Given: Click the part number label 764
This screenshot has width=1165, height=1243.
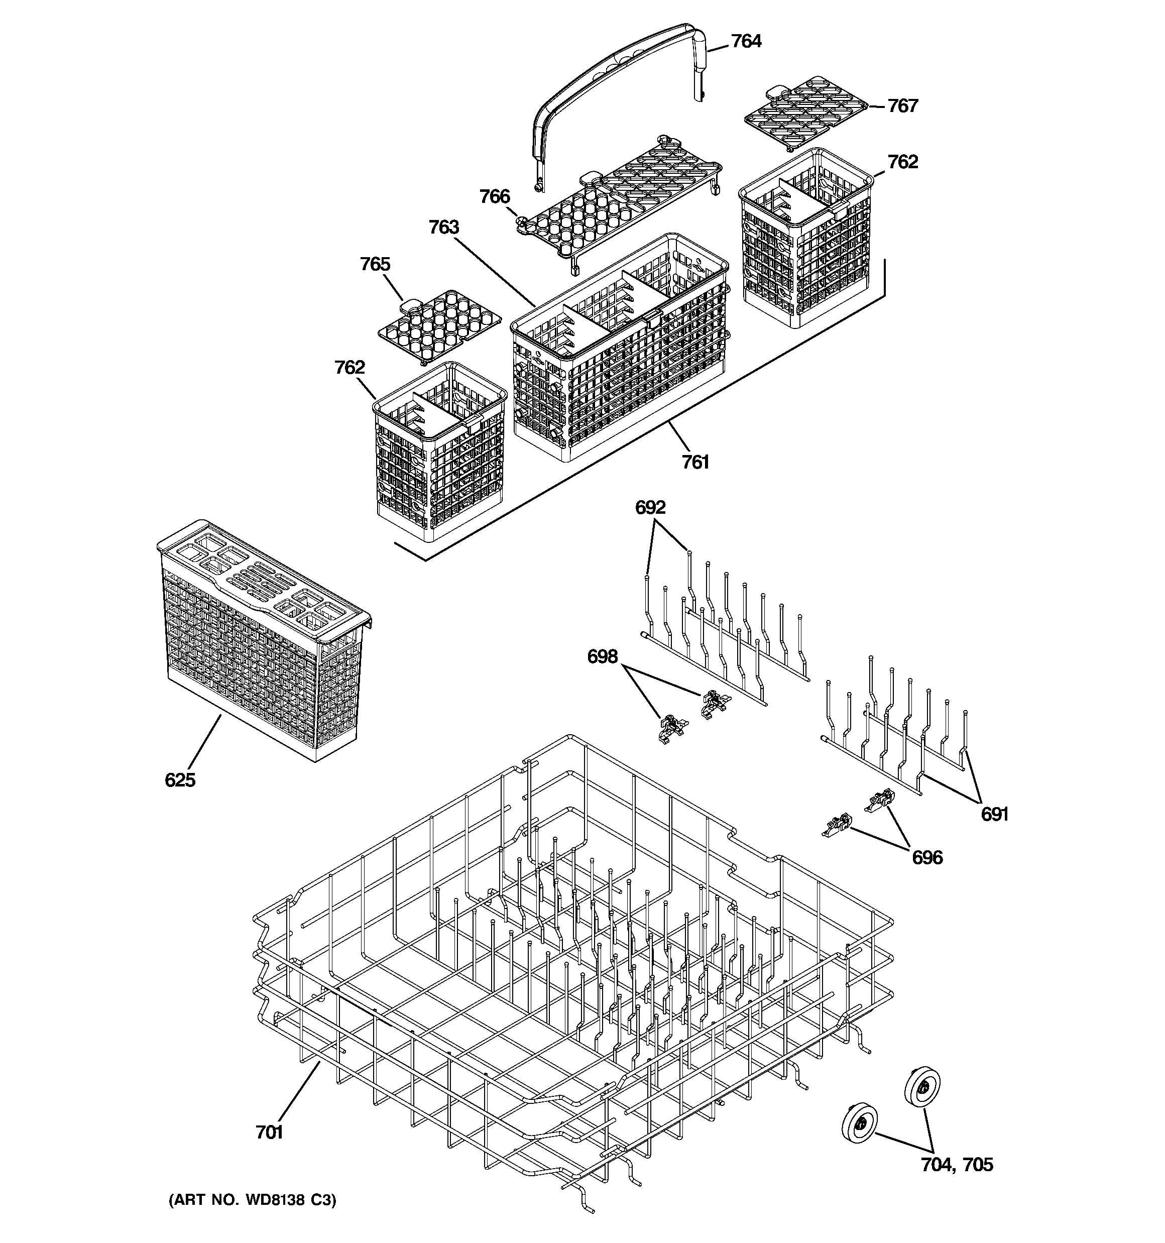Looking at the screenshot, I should click(746, 41).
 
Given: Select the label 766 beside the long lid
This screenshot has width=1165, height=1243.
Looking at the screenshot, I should click(495, 196).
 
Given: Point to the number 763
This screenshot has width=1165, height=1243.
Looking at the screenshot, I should click(444, 227).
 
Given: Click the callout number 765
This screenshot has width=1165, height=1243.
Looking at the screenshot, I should click(375, 265).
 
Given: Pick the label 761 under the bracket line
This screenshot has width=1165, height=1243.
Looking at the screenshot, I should click(695, 462).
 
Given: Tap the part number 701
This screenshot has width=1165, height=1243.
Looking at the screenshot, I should click(270, 1133).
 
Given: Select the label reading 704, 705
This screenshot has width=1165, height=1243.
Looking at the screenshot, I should click(957, 1164).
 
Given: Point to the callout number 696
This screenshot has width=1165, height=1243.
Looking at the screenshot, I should click(927, 857).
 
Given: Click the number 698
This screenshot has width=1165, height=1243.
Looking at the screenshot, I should click(602, 656).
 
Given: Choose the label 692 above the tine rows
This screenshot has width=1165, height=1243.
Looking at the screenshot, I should click(650, 507).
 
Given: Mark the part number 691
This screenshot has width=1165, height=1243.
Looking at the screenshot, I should click(994, 814).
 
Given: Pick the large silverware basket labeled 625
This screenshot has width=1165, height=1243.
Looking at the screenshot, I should click(263, 644).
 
